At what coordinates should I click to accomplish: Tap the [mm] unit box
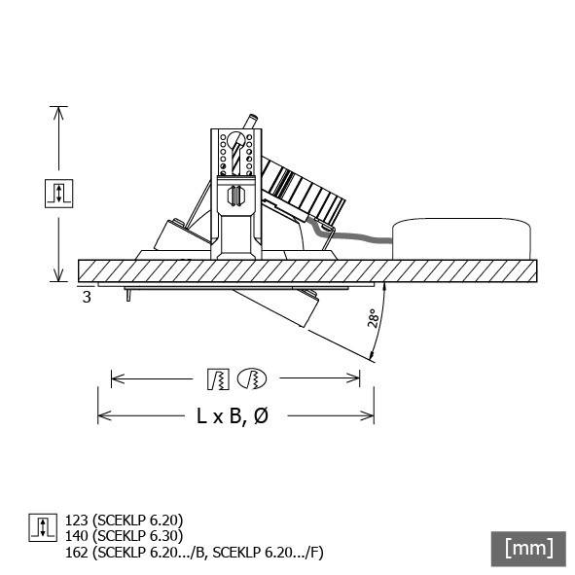tap(529, 547)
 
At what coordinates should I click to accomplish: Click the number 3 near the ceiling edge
tap(87, 297)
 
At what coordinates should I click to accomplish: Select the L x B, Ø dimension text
tap(232, 416)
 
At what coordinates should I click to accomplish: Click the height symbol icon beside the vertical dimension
tap(59, 193)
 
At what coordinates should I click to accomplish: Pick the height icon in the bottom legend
tap(41, 527)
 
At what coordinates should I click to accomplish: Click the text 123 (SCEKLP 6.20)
tap(124, 520)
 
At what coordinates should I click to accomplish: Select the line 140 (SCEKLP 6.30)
tap(124, 535)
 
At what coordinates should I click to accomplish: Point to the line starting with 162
tap(193, 553)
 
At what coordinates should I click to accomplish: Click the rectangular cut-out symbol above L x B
tap(218, 377)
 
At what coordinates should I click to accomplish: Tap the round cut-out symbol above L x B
tap(252, 377)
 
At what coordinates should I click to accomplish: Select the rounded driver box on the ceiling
tap(462, 238)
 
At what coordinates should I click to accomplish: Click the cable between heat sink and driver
tap(358, 235)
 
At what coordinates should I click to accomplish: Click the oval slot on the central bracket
tap(234, 194)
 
